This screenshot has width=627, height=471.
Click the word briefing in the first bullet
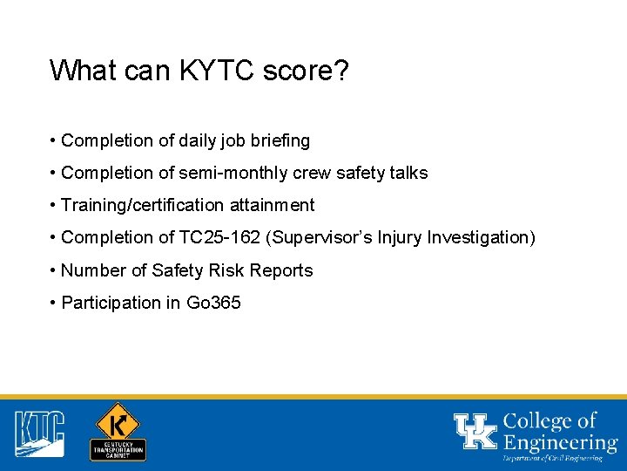tap(278, 140)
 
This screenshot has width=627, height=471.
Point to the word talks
tap(408, 173)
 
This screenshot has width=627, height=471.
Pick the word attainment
tap(273, 206)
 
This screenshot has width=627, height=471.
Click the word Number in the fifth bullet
tap(93, 271)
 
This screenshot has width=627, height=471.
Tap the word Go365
tap(213, 304)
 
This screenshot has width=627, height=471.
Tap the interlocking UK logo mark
tap(475, 431)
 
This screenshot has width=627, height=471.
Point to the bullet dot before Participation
tap(54, 304)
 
